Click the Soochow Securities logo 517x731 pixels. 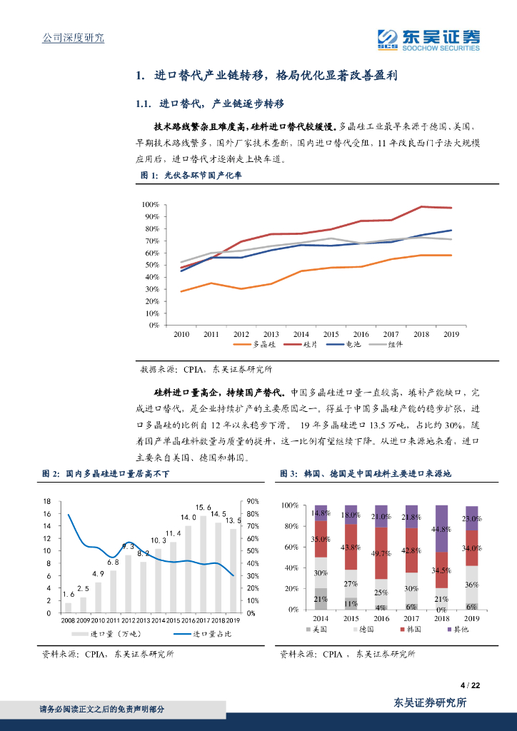428,40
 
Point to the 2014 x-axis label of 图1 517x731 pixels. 301,333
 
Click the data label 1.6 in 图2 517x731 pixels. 69,594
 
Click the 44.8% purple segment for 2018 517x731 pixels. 441,528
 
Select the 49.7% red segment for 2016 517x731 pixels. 381,553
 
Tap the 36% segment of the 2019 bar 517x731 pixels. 471,585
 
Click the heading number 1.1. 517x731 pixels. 143,104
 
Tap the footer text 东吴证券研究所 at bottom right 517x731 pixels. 431,702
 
